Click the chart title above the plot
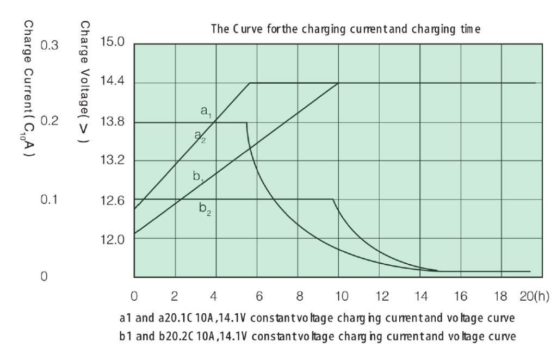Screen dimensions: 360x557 click(345, 29)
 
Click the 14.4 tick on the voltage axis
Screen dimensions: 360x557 click(113, 82)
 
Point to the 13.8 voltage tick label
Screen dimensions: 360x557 click(113, 122)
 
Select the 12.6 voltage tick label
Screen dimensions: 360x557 click(113, 200)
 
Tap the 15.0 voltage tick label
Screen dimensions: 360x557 click(113, 42)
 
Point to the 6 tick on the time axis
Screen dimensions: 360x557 click(259, 296)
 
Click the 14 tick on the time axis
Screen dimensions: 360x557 click(420, 296)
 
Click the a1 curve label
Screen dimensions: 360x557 click(206, 112)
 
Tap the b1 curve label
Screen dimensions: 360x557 click(199, 176)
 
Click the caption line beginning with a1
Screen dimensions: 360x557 click(317, 318)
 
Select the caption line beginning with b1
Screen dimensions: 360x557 click(317, 337)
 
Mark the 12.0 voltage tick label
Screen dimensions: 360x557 click(113, 239)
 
